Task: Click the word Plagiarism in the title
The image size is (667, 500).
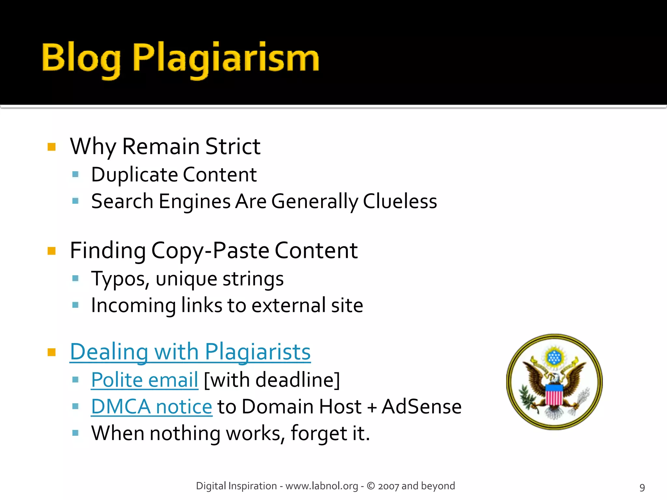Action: (226, 59)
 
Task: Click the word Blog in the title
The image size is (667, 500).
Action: (81, 59)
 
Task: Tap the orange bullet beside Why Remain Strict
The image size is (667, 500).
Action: (51, 147)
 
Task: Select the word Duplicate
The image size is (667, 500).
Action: (134, 175)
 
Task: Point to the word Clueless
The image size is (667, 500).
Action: (400, 201)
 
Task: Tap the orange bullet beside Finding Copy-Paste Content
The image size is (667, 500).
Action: (51, 251)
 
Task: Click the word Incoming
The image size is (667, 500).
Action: (133, 306)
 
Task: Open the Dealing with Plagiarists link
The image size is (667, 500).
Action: (190, 352)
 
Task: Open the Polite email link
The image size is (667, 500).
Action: (145, 380)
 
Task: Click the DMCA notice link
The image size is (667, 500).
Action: (151, 407)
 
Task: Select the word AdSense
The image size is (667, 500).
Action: (421, 407)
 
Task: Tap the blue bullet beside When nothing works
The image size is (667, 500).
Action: (76, 433)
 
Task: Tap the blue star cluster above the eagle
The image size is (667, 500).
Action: (554, 357)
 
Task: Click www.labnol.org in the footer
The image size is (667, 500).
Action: (321, 486)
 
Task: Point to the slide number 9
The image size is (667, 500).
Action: (642, 487)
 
